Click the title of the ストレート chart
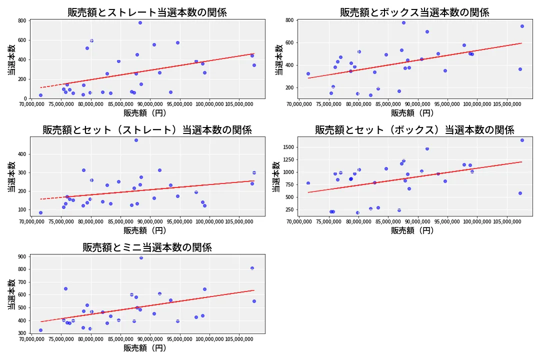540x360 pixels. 147,12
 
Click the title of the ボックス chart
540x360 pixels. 414,12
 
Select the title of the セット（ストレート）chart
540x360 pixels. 147,130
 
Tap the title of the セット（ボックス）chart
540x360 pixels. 414,130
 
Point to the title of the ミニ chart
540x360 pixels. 147,247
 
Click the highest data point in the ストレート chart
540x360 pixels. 140,22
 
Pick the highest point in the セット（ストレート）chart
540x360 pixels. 136,140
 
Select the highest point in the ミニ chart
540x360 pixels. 141,257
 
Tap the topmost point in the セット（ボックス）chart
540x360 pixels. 522,140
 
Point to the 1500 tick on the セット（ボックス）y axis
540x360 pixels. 288,147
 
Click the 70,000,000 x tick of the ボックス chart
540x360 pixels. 299,105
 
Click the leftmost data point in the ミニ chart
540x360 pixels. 40,330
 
